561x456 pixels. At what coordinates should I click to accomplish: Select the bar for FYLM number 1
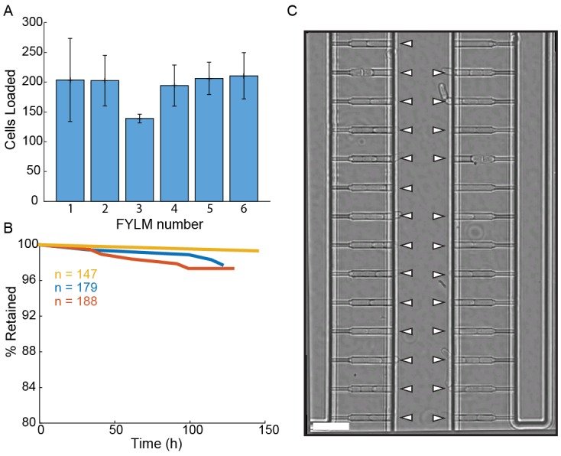70,140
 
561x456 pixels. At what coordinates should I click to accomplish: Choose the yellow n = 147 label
75,275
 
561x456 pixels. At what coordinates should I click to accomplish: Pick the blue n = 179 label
75,288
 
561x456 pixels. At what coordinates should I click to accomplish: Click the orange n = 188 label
75,301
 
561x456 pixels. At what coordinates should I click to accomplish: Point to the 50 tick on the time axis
115,432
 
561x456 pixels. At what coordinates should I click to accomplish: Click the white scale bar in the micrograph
330,425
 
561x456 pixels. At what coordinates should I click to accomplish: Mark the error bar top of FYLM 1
70,38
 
